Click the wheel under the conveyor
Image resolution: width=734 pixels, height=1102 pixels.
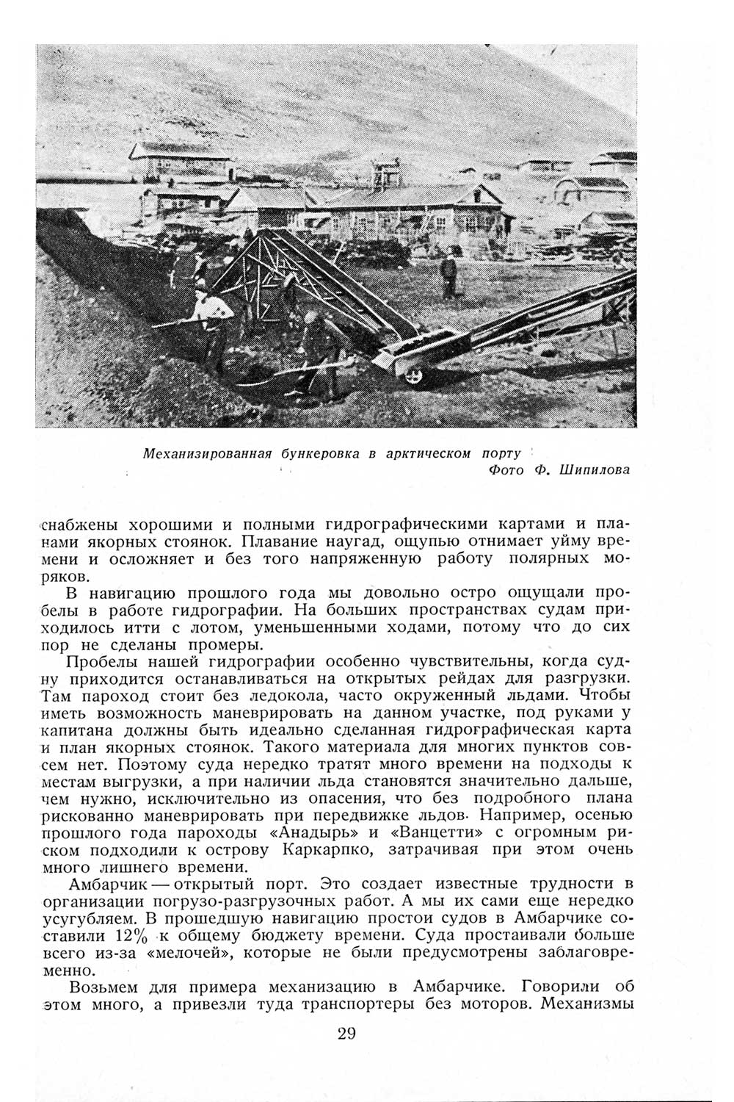coord(415,374)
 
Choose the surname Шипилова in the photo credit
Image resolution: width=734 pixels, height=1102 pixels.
coord(594,470)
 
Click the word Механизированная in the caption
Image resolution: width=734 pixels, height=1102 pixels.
coord(208,453)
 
